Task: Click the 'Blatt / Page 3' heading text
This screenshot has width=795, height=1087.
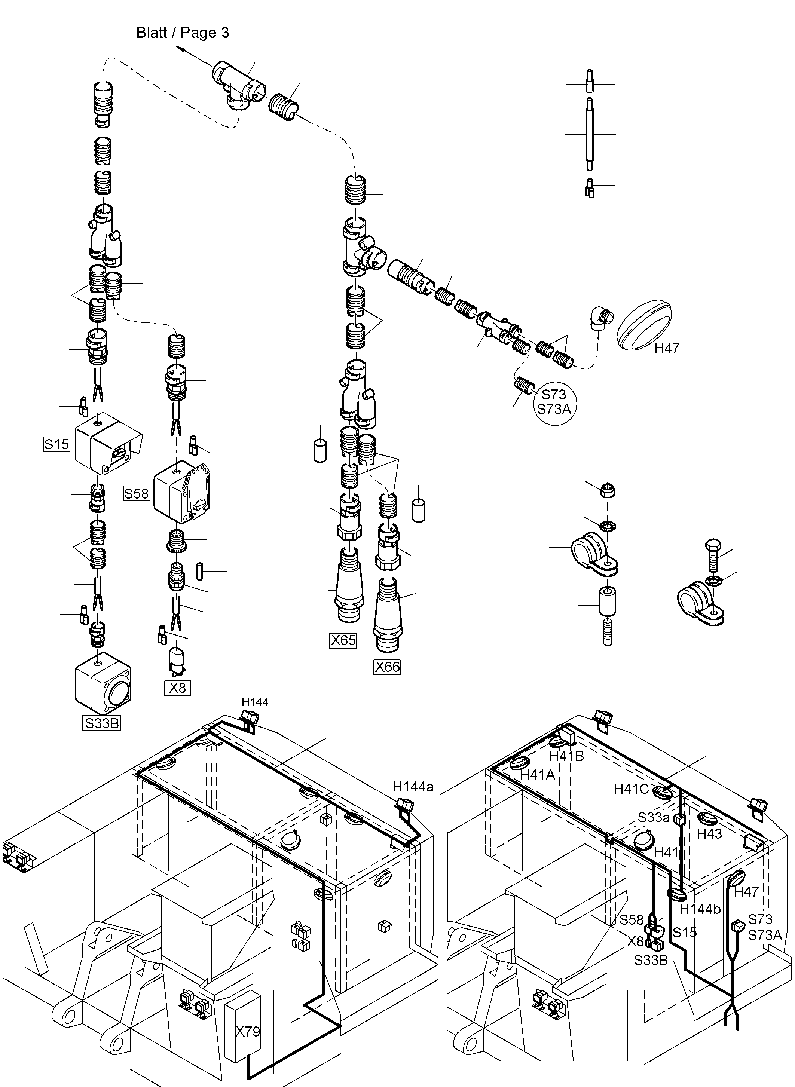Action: tap(183, 33)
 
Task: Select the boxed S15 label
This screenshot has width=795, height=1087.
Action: tap(57, 444)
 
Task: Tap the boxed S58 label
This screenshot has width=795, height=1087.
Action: tap(137, 493)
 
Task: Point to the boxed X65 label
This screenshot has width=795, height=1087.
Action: tap(343, 640)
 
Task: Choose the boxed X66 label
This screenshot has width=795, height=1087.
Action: tap(387, 667)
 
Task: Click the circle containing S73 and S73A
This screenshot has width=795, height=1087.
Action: tap(554, 402)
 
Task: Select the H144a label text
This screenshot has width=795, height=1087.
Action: tap(413, 787)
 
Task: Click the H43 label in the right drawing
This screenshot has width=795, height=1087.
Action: tap(709, 834)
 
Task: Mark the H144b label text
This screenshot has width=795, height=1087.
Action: tap(700, 909)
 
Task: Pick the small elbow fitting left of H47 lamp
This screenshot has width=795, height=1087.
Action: tap(600, 319)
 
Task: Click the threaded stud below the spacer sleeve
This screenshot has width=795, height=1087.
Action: tap(607, 632)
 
